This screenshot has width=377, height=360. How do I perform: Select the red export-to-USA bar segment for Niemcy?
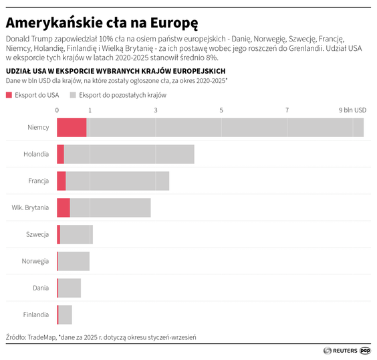tap(72, 127)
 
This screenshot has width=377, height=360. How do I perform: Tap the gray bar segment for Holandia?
tap(129, 154)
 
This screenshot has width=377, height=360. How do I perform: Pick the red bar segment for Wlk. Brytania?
tap(64, 207)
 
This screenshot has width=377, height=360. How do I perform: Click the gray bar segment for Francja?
tap(117, 181)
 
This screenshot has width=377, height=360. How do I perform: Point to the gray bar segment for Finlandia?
tap(66, 314)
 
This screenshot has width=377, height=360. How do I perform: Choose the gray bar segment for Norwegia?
tap(74, 261)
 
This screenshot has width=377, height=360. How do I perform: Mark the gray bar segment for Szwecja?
tap(76, 234)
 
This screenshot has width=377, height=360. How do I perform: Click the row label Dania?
tap(41, 288)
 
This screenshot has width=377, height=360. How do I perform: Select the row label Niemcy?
tap(38, 127)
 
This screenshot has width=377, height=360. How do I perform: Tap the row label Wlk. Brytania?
tap(30, 207)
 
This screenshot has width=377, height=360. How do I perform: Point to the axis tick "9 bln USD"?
tap(352, 110)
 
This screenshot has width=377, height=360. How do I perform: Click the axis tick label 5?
tap(221, 110)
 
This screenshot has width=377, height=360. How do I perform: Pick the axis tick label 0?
tap(57, 110)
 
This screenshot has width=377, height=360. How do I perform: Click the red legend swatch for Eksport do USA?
tap(9, 95)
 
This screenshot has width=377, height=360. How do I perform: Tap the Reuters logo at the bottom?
tap(340, 350)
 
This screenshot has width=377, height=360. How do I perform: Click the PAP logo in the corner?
tap(366, 350)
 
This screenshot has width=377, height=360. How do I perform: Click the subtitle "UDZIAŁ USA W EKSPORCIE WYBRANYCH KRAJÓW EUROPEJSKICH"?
tap(115, 70)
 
